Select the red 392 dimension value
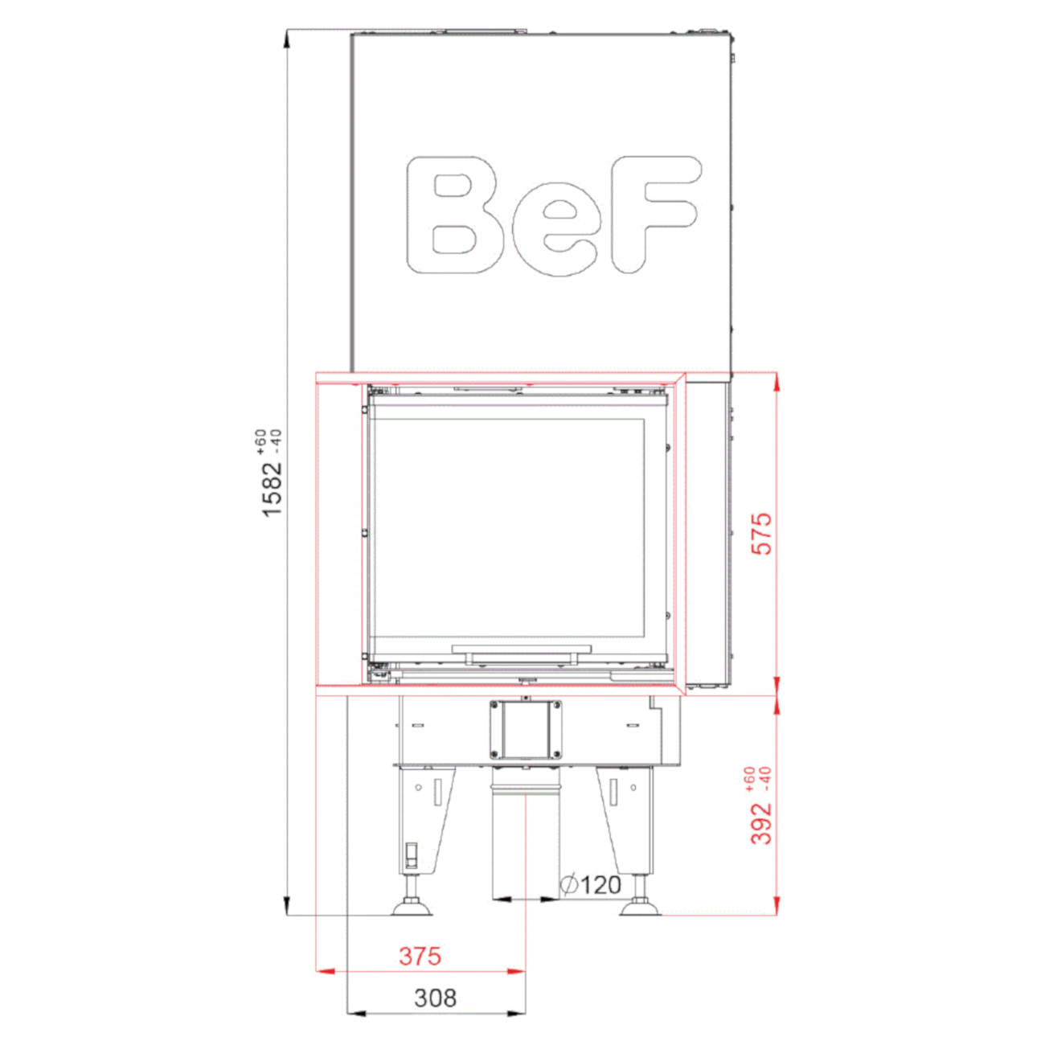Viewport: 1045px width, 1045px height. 760,823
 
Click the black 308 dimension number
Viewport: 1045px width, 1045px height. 436,1013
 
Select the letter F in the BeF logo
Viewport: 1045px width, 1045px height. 655,215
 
